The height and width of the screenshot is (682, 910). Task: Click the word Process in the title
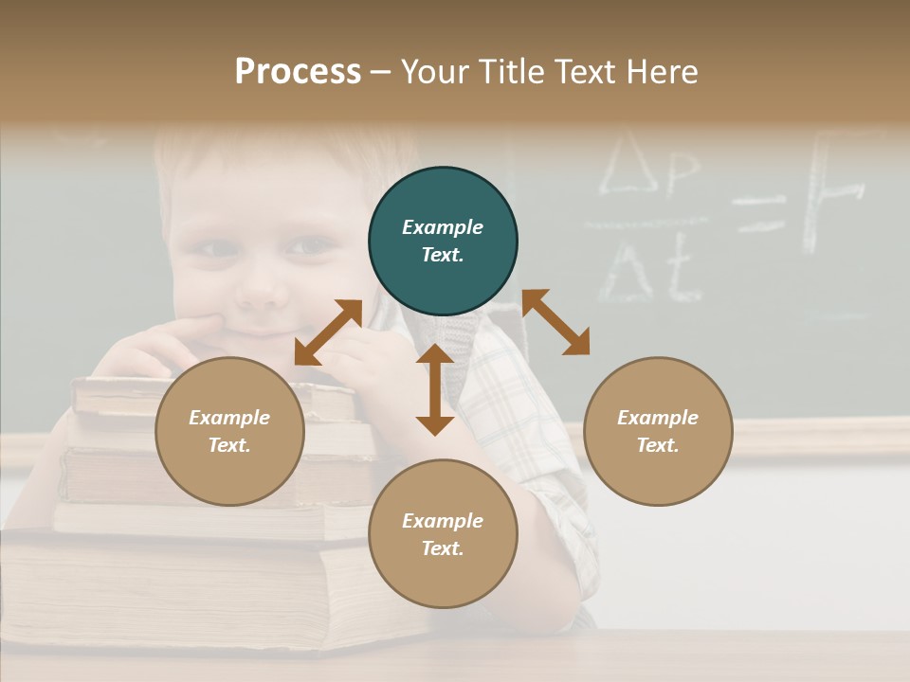[298, 72]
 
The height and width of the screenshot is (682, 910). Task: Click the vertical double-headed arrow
[435, 389]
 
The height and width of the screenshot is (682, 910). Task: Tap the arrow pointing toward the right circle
[556, 322]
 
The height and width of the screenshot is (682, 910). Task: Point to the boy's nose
[261, 284]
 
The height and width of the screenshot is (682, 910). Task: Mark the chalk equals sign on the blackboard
[761, 214]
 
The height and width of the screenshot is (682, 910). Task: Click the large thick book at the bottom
[190, 592]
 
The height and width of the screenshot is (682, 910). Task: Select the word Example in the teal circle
[443, 227]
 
